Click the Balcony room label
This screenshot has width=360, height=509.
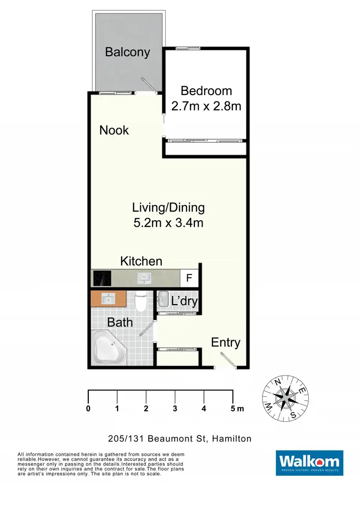[x=128, y=52]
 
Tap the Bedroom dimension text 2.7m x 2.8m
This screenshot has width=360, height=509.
[x=206, y=106]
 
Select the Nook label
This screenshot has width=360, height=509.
[x=114, y=130]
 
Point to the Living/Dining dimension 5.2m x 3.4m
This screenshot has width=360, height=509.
[x=168, y=223]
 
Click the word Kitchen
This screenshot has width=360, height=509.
[x=141, y=261]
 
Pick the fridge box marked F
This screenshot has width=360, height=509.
[x=189, y=278]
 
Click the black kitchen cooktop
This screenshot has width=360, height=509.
[x=102, y=278]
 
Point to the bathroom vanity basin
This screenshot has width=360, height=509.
[x=108, y=298]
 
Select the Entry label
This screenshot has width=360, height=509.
[x=226, y=343]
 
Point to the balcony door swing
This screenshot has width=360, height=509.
[x=149, y=85]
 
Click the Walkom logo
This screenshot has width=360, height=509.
[x=309, y=462]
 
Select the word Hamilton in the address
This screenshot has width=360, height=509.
[x=232, y=438]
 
